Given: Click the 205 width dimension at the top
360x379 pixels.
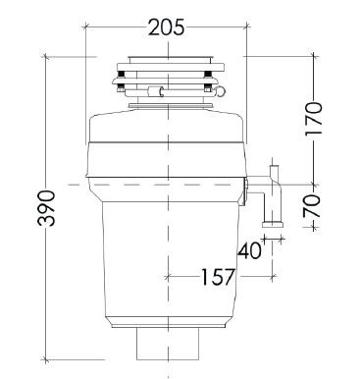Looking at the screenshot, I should coord(166,27).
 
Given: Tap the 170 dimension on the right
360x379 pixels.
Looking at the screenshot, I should coord(314,119).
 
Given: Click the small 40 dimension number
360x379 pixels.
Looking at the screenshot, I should coord(249,249).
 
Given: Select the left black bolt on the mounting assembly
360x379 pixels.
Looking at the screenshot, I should coord(121,88).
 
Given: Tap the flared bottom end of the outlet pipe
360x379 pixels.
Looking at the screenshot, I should coord(276,225).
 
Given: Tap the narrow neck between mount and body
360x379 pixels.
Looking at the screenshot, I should coord(166,106).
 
